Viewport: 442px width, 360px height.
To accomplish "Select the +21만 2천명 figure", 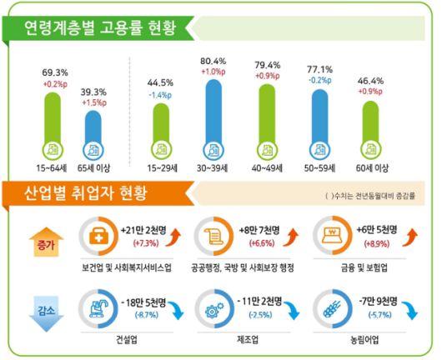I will coord(142,228).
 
